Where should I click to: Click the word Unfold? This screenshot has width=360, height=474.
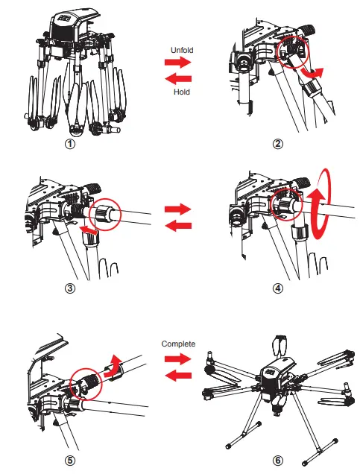[182, 50]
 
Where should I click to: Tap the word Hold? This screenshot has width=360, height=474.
[181, 91]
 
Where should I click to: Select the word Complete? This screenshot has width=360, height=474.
[178, 344]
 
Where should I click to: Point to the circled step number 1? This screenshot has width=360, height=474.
[70, 145]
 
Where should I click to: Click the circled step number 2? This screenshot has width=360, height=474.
[277, 145]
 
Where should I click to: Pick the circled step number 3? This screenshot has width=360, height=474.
[70, 289]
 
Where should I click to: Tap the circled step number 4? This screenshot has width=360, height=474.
[277, 289]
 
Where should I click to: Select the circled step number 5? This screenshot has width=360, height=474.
[70, 459]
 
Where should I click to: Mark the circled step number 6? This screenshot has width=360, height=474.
[277, 459]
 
